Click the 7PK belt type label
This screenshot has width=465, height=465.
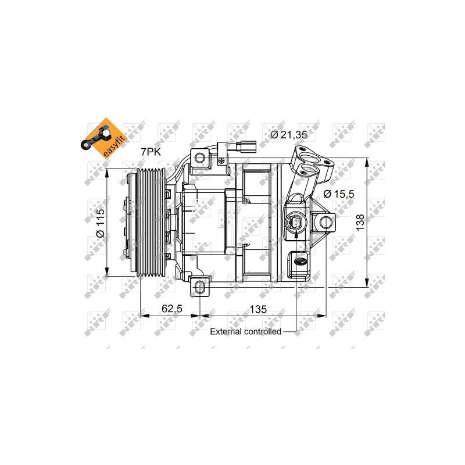tap(151, 152)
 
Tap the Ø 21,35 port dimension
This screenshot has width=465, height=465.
tap(288, 135)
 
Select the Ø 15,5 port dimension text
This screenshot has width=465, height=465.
tap(339, 194)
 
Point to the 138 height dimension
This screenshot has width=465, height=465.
tap(360, 223)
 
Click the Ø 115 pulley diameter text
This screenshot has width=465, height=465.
tap(101, 223)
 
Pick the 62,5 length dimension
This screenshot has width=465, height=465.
tap(172, 309)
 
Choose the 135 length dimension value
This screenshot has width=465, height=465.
tap(258, 309)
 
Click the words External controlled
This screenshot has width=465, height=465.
tap(245, 331)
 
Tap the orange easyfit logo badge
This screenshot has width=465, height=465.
tap(104, 138)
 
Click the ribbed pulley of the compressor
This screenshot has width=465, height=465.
tap(151, 222)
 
